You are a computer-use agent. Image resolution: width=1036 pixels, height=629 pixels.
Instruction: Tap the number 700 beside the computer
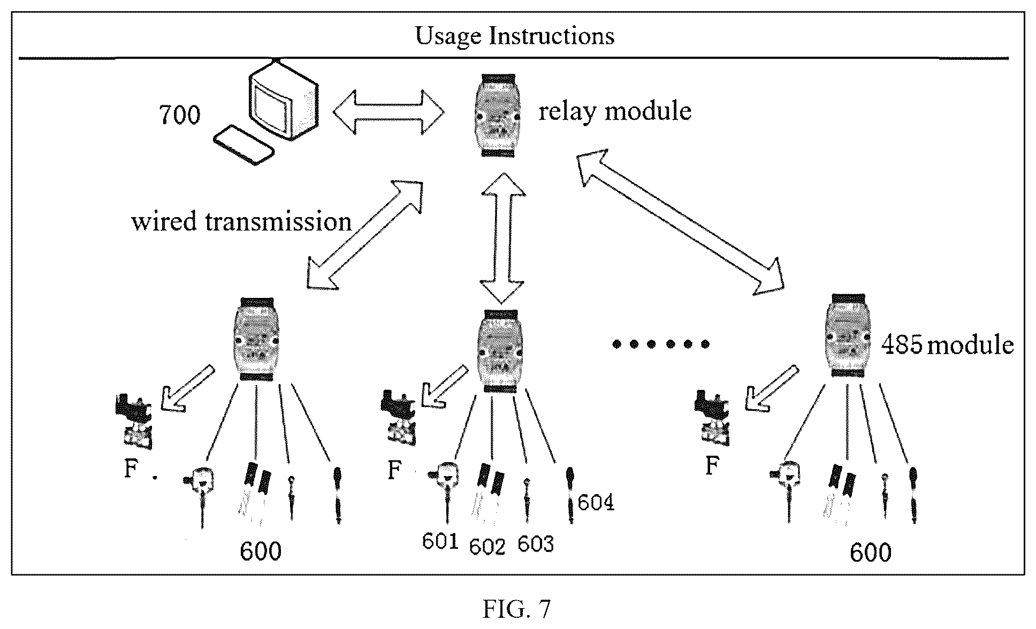point(180,114)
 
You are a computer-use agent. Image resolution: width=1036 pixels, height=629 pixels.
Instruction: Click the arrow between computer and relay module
point(389,112)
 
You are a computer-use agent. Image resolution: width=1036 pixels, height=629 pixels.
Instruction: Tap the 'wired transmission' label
point(241,221)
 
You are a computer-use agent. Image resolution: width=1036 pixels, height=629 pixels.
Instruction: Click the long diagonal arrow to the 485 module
point(680,222)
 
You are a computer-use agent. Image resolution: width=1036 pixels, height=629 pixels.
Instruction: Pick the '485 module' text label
point(947,345)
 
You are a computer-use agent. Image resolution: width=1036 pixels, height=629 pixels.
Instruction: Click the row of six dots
point(661,344)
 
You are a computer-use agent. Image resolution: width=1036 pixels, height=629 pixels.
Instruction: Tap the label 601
point(440,542)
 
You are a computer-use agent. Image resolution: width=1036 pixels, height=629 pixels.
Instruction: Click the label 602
point(487,547)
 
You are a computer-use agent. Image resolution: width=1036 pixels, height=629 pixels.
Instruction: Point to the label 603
point(535,544)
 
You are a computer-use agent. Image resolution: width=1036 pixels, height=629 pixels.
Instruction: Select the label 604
point(596,503)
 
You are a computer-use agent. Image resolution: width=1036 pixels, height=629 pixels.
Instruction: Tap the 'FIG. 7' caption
point(516,608)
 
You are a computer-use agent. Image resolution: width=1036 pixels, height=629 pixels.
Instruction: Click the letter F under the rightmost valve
point(712,466)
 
